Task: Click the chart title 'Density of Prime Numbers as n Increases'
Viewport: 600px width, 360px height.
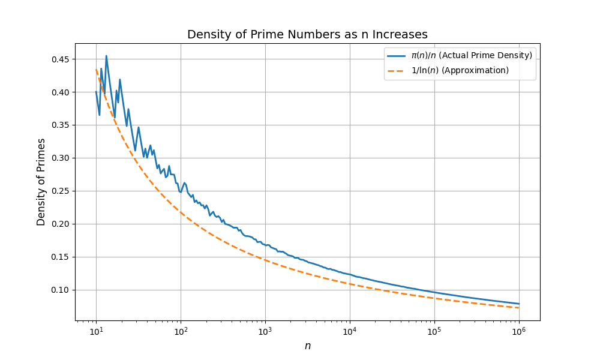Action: point(307,35)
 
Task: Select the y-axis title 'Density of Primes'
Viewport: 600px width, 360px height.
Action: point(41,182)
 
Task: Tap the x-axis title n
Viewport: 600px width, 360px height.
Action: point(307,346)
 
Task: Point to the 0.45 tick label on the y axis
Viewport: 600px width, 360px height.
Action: point(60,59)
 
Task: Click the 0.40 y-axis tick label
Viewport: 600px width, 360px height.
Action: point(60,92)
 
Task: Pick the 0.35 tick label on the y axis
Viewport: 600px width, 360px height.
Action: point(60,125)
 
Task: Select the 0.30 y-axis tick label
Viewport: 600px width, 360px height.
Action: point(60,158)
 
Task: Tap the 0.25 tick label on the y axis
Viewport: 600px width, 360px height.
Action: point(60,191)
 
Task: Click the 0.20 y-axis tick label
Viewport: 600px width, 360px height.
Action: point(60,224)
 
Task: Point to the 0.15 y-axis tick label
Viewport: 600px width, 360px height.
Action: point(60,257)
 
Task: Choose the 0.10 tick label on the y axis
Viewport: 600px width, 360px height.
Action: point(60,290)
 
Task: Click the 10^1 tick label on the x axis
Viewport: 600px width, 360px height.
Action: point(96,331)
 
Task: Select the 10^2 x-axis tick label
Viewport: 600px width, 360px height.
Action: point(181,331)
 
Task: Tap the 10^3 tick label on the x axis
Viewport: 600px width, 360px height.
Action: point(265,331)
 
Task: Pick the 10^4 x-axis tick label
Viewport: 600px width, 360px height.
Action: point(350,331)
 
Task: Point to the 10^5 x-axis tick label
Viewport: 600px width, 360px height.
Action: point(434,331)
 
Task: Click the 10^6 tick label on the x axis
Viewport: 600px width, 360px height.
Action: point(519,331)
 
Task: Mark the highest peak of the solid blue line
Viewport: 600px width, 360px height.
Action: point(106,56)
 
